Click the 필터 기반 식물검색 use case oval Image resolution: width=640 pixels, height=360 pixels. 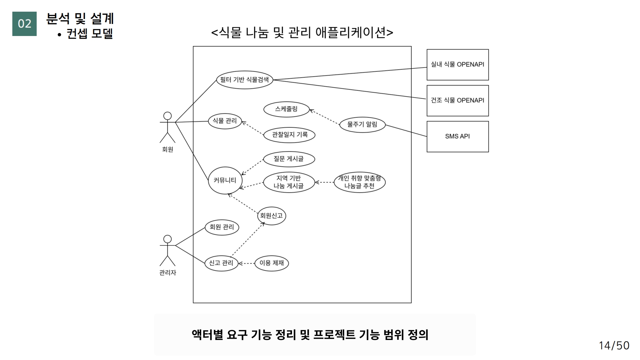[244, 80]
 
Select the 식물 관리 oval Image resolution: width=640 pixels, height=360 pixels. [225, 121]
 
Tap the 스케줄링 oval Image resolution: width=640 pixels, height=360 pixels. [286, 109]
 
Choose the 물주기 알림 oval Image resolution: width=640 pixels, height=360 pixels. [362, 125]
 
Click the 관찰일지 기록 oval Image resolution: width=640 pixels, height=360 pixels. [289, 135]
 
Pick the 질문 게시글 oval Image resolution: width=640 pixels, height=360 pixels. [289, 159]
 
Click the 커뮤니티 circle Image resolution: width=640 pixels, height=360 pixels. [225, 180]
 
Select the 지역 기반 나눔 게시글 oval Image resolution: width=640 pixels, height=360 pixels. [289, 182]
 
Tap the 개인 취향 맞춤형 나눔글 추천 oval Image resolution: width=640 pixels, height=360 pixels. [359, 182]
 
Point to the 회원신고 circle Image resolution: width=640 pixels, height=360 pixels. [271, 216]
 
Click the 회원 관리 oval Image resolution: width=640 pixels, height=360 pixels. [222, 227]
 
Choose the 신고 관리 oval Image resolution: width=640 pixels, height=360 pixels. [221, 263]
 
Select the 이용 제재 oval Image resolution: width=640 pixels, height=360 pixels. [271, 263]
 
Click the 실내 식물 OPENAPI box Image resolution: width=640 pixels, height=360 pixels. [457, 65]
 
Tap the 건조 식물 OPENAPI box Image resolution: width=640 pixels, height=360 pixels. [457, 100]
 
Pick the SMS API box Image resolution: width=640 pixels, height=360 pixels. [457, 136]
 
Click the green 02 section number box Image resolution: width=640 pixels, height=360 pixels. [24, 24]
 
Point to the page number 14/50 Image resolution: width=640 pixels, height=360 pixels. [614, 346]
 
